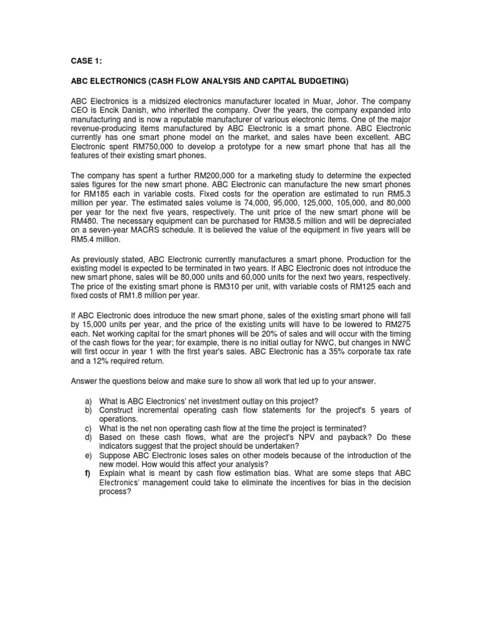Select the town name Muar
(331, 102)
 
